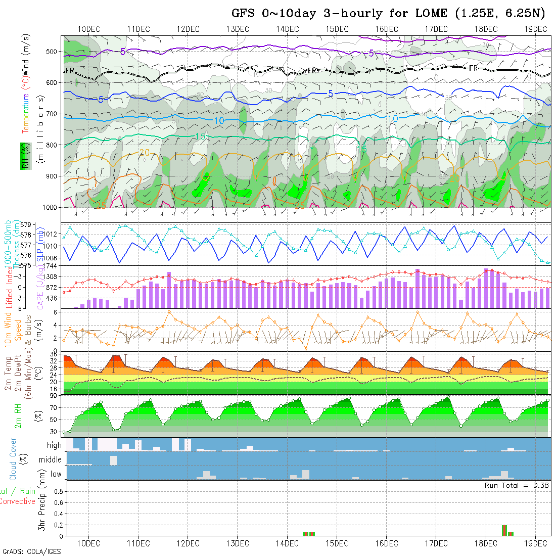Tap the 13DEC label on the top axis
pos(238,29)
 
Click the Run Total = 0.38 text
pos(517,485)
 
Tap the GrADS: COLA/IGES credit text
pos(31,551)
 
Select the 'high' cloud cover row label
pos(54,445)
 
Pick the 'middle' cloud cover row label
pos(51,459)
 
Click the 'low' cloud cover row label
pos(56,474)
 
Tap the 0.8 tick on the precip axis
pos(57,491)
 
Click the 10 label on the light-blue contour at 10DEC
pos(219,120)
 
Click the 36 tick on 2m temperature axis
pos(53,355)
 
